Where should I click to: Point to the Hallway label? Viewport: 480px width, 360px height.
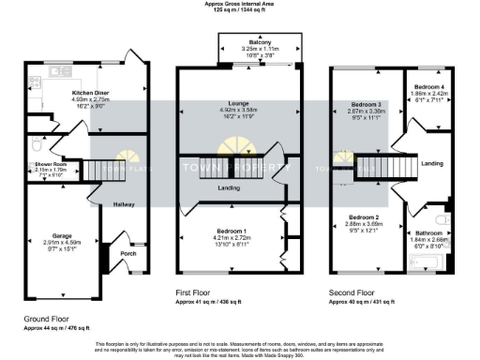[124, 204]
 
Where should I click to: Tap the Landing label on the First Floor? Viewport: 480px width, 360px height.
[229, 188]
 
